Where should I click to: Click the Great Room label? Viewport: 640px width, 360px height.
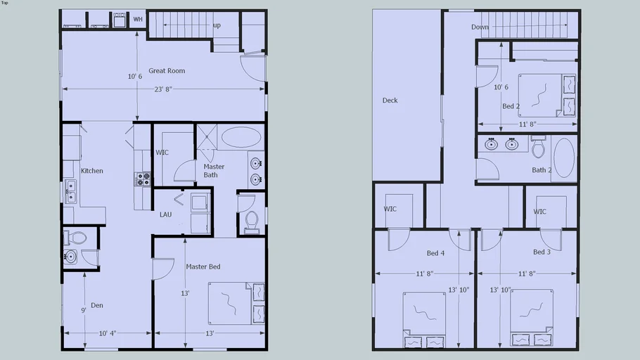click(x=167, y=71)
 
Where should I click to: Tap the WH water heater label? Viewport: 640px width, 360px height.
click(x=138, y=19)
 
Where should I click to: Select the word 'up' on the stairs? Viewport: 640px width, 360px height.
click(x=217, y=26)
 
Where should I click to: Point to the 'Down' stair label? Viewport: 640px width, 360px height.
click(x=480, y=27)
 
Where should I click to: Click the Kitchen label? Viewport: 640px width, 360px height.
click(x=92, y=171)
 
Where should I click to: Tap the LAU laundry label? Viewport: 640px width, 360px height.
click(x=165, y=214)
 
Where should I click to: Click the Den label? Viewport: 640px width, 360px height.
click(x=97, y=305)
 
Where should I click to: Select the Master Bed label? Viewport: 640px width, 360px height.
click(x=203, y=267)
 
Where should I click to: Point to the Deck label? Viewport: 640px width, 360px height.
click(x=390, y=101)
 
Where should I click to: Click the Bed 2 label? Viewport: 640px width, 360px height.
click(x=511, y=107)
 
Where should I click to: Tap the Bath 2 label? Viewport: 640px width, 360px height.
click(x=542, y=170)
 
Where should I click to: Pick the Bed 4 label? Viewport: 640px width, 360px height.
click(x=436, y=253)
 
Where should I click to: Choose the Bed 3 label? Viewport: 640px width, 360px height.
click(x=542, y=252)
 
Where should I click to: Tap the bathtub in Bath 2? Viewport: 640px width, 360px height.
click(x=564, y=157)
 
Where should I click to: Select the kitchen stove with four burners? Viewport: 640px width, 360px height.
click(x=143, y=179)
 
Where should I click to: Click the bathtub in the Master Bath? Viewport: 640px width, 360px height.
click(x=241, y=137)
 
